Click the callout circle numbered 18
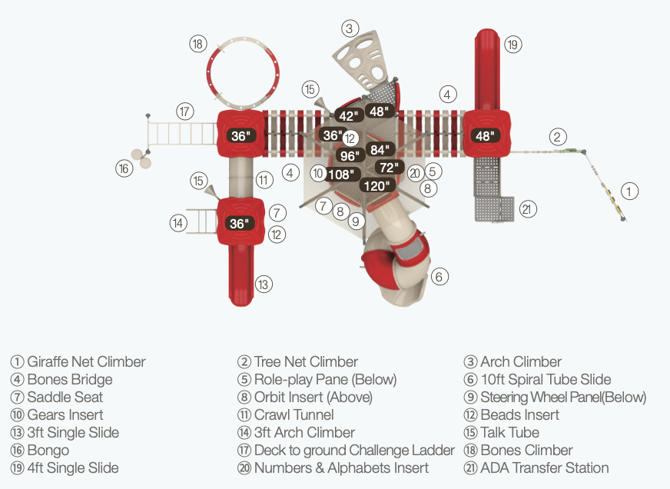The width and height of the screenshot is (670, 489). tap(197, 44)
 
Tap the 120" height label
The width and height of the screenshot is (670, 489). tap(376, 186)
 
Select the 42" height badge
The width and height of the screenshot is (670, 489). tap(349, 116)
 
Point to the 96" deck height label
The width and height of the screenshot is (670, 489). tap(350, 155)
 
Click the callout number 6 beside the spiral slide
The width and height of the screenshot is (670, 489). tap(439, 277)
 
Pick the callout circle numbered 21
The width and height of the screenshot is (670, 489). tap(527, 209)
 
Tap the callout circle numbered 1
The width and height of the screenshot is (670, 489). tap(629, 191)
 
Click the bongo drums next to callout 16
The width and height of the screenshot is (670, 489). tap(141, 158)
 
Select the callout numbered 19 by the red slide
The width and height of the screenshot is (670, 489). tap(512, 45)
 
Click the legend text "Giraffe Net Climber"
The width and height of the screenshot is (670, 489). tap(86, 361)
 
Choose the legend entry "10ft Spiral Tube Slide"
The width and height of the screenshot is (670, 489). tap(546, 379)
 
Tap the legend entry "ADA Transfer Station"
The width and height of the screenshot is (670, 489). tap(544, 467)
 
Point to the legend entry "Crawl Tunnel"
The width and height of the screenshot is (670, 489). tap(294, 414)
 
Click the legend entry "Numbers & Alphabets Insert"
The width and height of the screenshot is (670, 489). tap(341, 467)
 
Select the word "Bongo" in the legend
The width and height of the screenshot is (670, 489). tap(48, 450)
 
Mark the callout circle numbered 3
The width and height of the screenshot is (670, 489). tap(350, 28)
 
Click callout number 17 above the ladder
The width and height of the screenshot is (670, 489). tap(184, 111)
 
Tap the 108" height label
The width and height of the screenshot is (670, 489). tap(341, 175)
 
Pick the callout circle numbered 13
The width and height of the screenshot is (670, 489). tap(264, 284)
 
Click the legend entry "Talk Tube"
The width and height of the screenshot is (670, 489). tap(509, 432)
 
